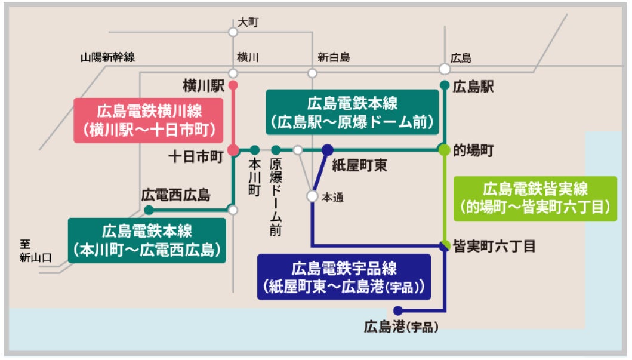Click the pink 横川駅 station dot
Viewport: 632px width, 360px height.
tap(233, 85)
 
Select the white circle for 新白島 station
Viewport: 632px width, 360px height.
tap(312, 73)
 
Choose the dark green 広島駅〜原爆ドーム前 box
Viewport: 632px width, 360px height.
tap(352, 112)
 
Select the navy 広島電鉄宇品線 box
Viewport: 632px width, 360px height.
tap(343, 278)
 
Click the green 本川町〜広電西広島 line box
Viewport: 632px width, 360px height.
tap(147, 240)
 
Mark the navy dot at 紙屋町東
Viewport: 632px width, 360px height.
tap(327, 150)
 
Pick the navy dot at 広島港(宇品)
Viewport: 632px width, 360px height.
tap(398, 310)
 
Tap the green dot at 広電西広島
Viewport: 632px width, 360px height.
tap(149, 210)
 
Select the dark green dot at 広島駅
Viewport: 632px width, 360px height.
tap(444, 85)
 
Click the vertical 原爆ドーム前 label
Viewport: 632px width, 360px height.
tap(275, 196)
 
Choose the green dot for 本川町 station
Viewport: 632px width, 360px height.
tap(255, 149)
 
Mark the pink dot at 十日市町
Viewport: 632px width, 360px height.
tap(233, 150)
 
